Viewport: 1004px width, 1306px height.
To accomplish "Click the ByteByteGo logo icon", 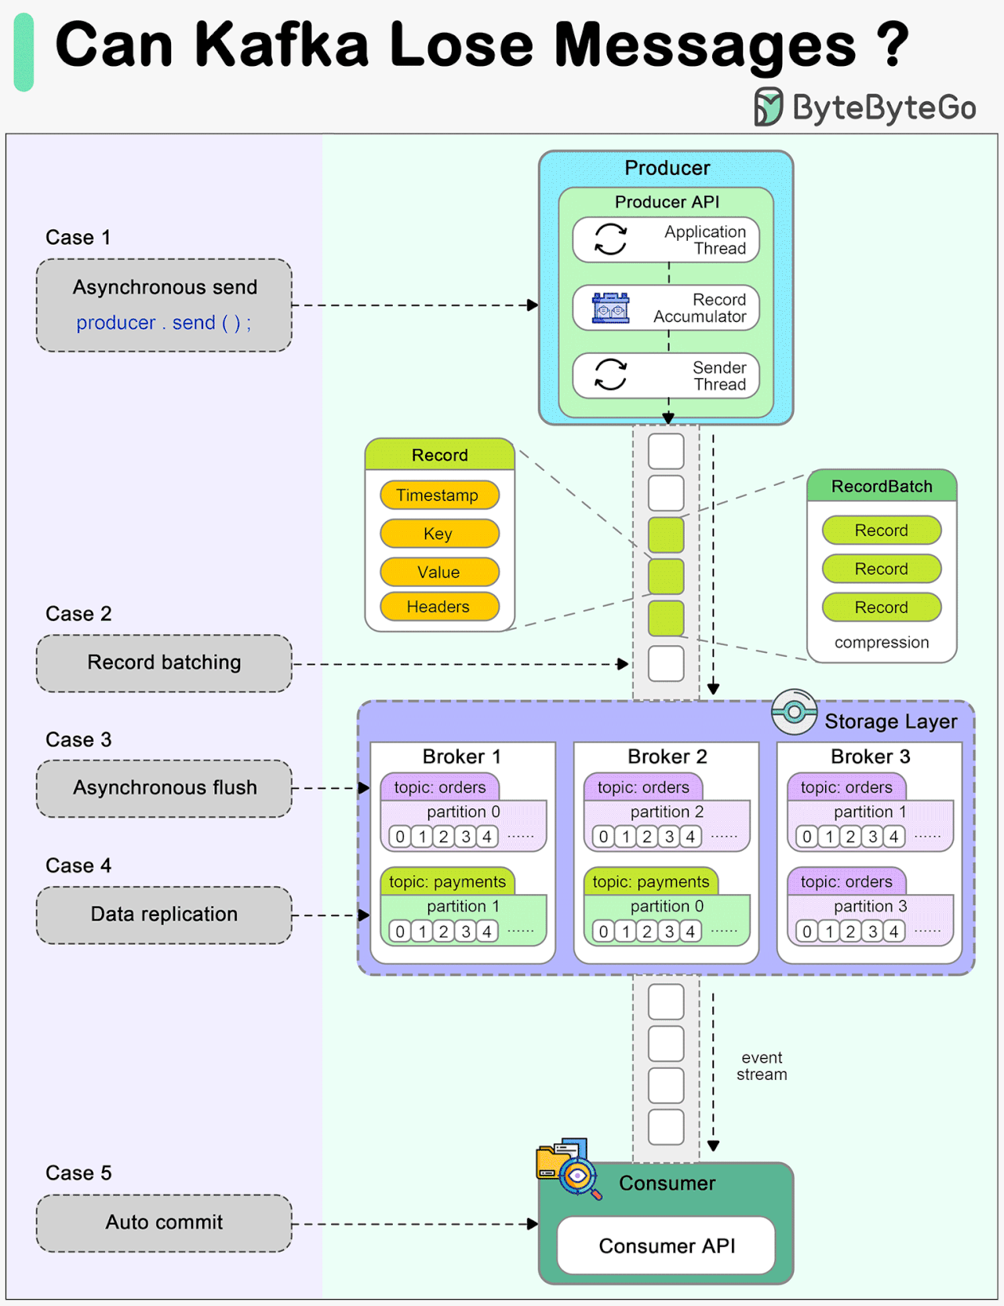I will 768,107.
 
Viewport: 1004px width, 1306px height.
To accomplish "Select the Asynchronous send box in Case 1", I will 164,305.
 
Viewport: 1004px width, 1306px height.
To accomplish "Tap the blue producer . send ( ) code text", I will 163,323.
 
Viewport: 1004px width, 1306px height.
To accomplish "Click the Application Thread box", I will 666,239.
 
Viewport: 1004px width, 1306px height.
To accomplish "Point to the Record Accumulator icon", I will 610,308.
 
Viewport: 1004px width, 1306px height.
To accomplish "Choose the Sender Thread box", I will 666,376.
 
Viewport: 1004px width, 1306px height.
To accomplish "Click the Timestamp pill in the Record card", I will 438,495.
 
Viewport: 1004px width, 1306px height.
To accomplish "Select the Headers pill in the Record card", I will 438,607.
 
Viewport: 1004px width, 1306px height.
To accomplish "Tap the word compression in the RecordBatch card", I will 881,642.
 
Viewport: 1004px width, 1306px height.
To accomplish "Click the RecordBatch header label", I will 881,487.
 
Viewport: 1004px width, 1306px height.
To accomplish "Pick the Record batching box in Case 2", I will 164,663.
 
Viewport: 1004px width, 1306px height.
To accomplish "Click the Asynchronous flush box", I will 164,788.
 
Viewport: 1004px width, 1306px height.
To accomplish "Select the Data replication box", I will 164,914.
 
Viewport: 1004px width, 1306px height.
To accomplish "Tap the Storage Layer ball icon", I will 794,712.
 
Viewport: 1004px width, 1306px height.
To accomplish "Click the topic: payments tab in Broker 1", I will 447,881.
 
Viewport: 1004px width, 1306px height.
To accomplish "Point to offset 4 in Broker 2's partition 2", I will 690,837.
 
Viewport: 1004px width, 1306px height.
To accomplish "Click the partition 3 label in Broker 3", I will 870,907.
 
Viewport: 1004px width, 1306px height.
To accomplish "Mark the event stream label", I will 761,1067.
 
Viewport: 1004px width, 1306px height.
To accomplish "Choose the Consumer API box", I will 666,1246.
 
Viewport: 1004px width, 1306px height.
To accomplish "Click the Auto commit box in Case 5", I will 164,1223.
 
